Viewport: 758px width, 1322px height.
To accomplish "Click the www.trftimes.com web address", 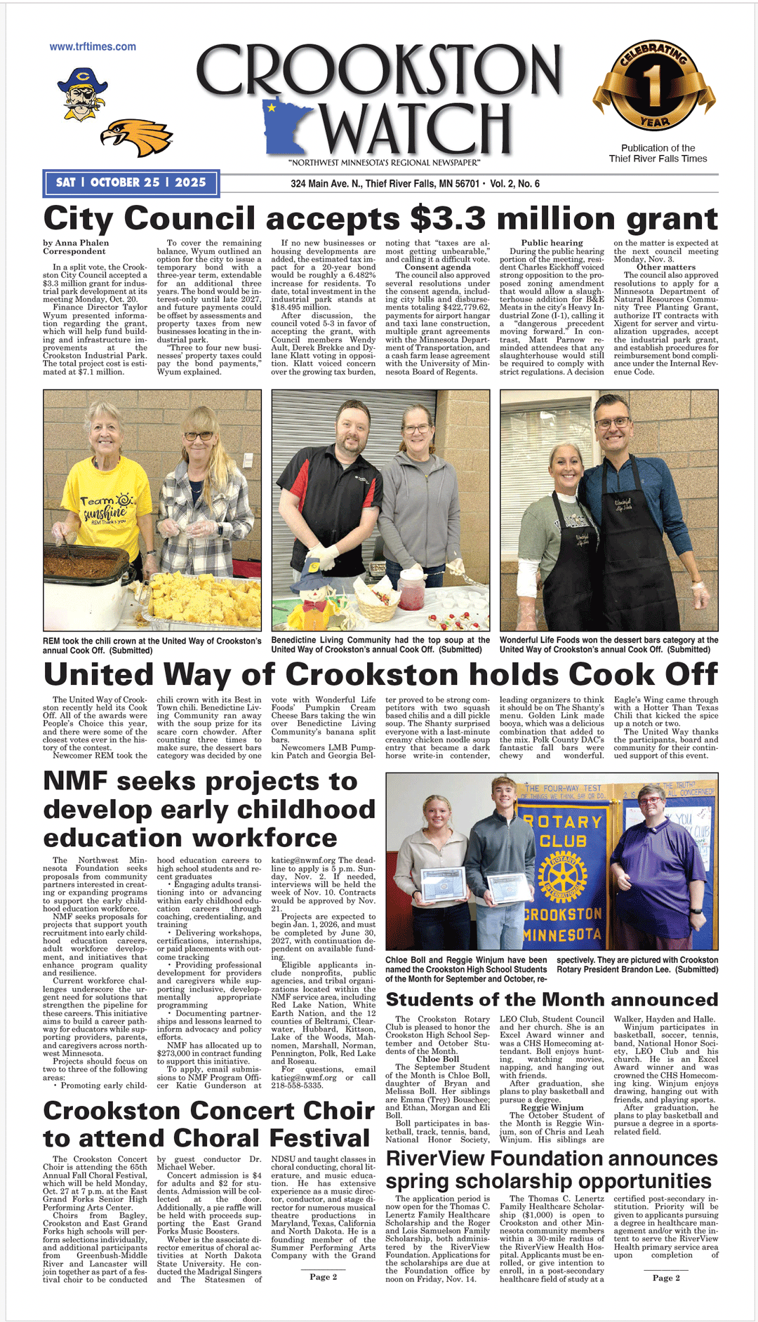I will [93, 47].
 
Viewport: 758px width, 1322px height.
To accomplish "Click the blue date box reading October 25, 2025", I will [131, 182].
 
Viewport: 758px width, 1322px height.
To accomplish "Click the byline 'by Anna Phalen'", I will [76, 243].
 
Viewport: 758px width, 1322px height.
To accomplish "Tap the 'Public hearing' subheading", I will [552, 243].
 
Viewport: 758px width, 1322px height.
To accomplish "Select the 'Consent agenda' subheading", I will [437, 267].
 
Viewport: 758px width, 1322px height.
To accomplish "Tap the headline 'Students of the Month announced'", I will [552, 999].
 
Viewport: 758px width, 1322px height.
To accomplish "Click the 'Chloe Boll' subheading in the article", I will [437, 1059].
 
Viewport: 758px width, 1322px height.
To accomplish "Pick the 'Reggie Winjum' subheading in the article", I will [552, 1107].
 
